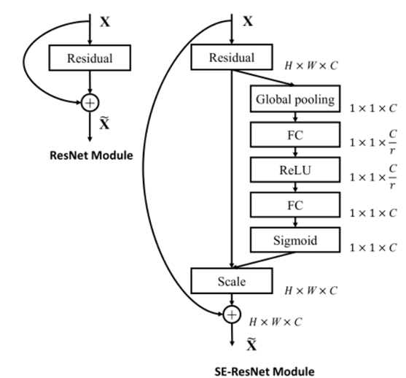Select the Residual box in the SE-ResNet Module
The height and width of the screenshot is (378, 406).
[x=233, y=57]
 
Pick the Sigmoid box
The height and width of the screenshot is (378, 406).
[x=296, y=239]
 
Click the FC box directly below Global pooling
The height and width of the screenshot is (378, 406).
[x=296, y=134]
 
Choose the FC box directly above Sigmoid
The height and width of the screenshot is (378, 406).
[x=296, y=205]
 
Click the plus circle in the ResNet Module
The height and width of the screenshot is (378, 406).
[x=90, y=104]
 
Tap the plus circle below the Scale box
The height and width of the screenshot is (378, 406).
[x=231, y=315]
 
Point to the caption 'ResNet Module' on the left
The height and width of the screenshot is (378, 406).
[x=89, y=154]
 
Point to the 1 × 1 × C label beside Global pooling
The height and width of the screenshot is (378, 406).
[x=372, y=107]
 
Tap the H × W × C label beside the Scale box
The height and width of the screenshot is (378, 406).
[x=312, y=290]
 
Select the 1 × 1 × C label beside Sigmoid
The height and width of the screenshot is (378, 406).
[x=372, y=247]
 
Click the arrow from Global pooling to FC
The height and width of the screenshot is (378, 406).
[x=296, y=117]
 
